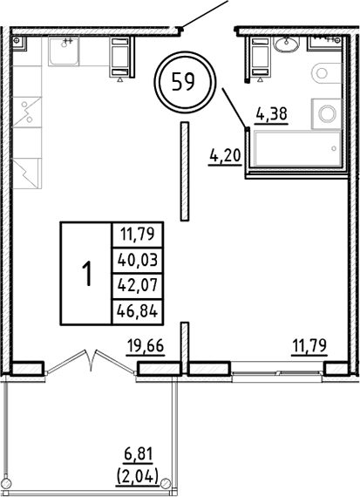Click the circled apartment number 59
point(183,85)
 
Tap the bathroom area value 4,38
point(270,112)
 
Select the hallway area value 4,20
point(225,158)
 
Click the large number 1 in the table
point(86,273)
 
